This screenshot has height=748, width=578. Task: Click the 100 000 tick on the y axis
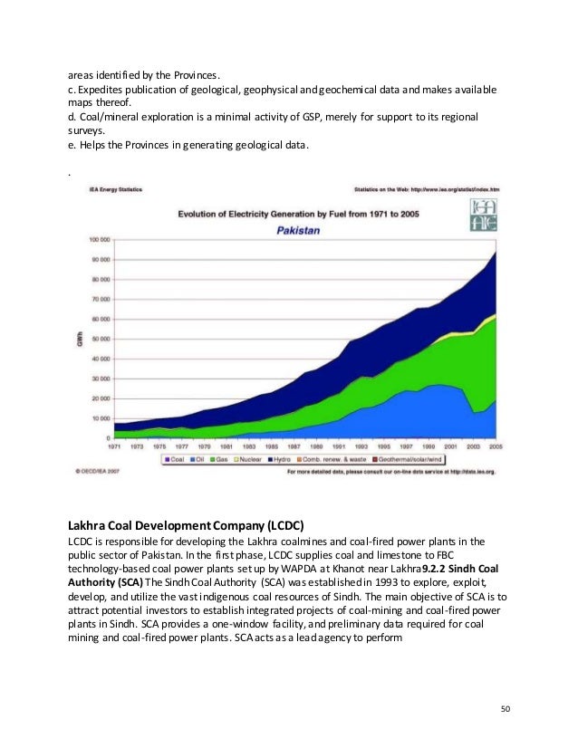(99, 240)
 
